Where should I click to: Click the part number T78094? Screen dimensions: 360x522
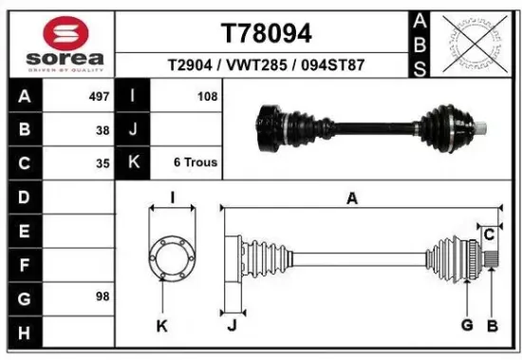click(x=266, y=33)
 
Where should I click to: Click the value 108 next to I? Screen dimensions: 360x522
click(x=207, y=97)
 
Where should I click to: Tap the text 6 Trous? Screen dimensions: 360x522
click(x=195, y=162)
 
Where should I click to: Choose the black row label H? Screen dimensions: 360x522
click(x=25, y=332)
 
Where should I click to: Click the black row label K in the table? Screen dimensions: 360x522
click(x=133, y=162)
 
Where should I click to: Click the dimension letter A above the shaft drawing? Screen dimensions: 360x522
click(x=352, y=198)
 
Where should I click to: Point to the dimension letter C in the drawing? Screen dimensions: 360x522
click(x=489, y=234)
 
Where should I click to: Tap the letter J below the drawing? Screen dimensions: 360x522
click(x=231, y=327)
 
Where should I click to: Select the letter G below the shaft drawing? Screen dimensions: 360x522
click(x=467, y=327)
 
